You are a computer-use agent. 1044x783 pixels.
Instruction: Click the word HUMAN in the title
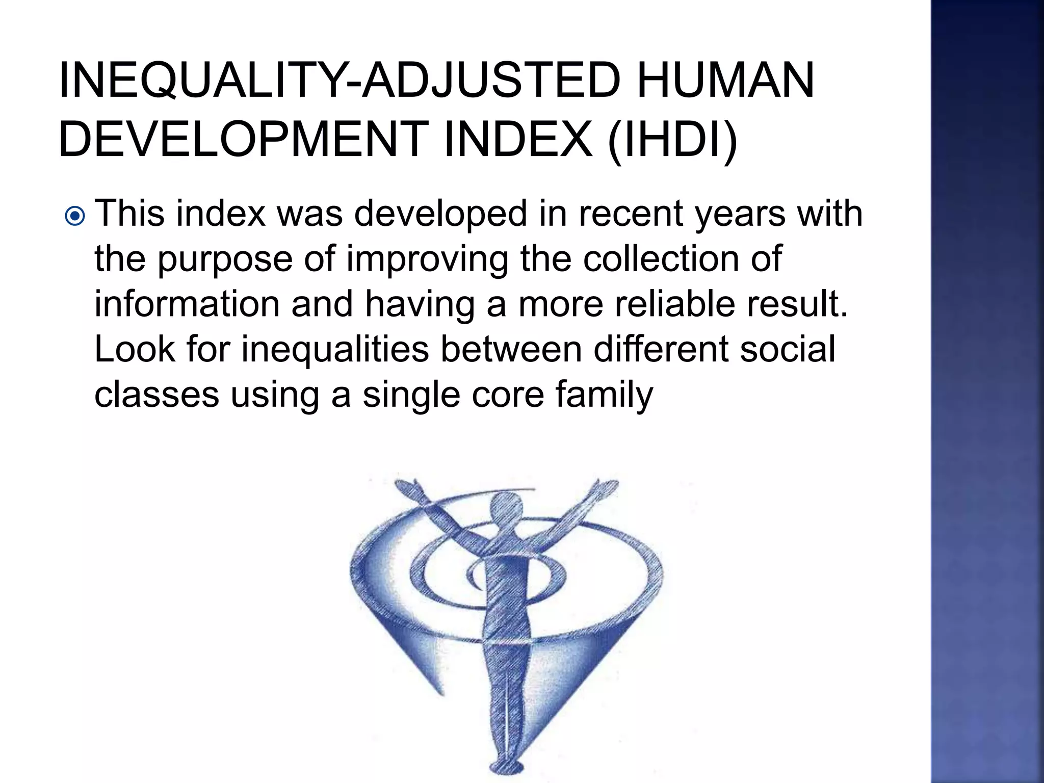pyautogui.click(x=725, y=81)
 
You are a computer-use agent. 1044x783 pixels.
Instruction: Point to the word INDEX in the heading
pyautogui.click(x=518, y=139)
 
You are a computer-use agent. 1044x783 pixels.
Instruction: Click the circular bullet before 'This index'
pyautogui.click(x=75, y=217)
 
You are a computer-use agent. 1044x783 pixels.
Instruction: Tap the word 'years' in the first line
pyautogui.click(x=740, y=214)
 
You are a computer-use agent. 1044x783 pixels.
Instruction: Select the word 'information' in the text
pyautogui.click(x=187, y=304)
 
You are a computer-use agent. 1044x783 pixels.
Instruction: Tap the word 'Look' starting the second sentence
pyautogui.click(x=135, y=349)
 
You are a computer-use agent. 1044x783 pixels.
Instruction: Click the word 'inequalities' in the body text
pyautogui.click(x=335, y=350)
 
